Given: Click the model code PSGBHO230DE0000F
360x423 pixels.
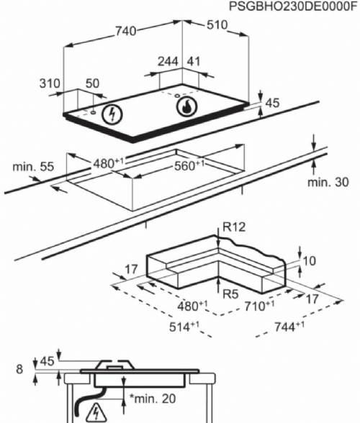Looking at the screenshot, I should pyautogui.click(x=292, y=6).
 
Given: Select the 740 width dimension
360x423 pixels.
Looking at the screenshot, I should pyautogui.click(x=125, y=32).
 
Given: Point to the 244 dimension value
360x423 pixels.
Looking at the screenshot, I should pyautogui.click(x=168, y=63).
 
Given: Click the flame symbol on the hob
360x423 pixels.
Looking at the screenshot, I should pyautogui.click(x=186, y=108).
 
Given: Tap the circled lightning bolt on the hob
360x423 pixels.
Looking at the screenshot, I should pyautogui.click(x=112, y=114).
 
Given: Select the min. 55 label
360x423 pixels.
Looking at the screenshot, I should pyautogui.click(x=33, y=167).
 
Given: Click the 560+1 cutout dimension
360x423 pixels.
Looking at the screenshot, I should pyautogui.click(x=188, y=165).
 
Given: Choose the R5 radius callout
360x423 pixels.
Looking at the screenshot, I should pyautogui.click(x=230, y=294).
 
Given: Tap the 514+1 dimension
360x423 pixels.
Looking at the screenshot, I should pyautogui.click(x=184, y=327).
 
